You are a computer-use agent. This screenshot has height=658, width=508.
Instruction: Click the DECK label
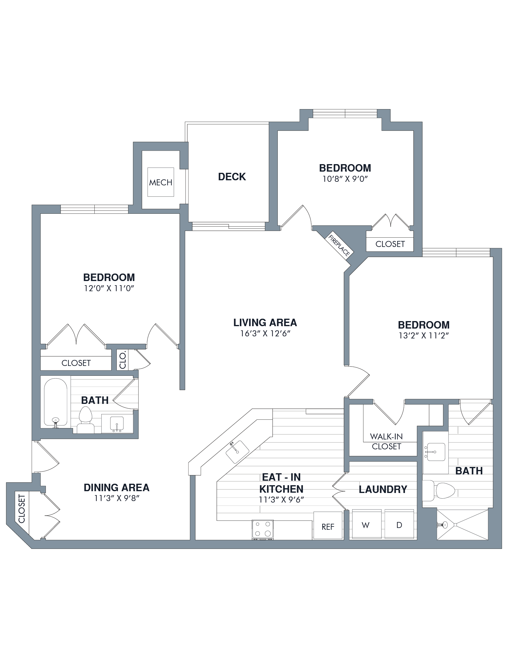[x=232, y=177]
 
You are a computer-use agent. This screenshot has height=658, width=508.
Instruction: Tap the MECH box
[x=161, y=182]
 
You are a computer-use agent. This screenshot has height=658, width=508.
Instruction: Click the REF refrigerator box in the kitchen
[x=328, y=526]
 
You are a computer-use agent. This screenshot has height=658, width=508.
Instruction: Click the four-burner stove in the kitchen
[x=263, y=529]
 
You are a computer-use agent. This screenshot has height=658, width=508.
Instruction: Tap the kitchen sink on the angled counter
[x=237, y=452]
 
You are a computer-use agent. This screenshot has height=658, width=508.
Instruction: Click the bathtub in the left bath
[x=56, y=402]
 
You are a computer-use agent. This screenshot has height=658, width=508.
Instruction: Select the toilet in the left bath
[x=85, y=420]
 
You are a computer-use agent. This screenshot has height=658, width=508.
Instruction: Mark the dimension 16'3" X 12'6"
[x=265, y=333]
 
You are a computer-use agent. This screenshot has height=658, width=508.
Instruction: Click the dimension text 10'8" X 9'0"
[x=345, y=179]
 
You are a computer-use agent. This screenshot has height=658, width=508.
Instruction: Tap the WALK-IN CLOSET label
[x=386, y=441]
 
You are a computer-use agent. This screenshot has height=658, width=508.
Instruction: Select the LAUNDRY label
[x=383, y=489]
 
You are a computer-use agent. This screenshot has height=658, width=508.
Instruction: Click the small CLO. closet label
[x=122, y=360]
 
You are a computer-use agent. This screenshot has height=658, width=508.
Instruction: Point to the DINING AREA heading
[x=116, y=488]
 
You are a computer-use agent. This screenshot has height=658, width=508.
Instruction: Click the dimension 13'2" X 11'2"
[x=424, y=336]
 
